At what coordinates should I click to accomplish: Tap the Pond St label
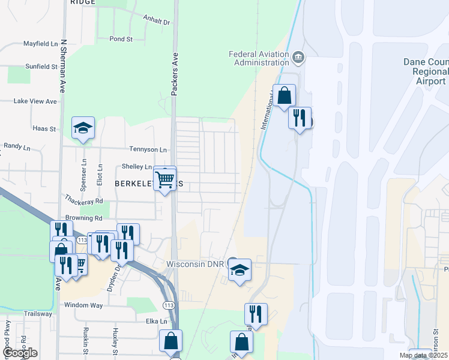pyautogui.click(x=121, y=39)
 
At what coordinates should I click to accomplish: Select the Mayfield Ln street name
pyautogui.click(x=40, y=44)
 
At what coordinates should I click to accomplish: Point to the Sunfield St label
pyautogui.click(x=41, y=67)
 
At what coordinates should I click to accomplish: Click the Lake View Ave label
pyautogui.click(x=35, y=101)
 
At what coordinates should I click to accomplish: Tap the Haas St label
pyautogui.click(x=44, y=128)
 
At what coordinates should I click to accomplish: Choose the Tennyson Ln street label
pyautogui.click(x=148, y=149)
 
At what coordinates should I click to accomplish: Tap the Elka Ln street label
pyautogui.click(x=156, y=322)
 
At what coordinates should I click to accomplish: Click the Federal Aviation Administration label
pyautogui.click(x=259, y=58)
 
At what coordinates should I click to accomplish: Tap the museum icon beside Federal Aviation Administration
pyautogui.click(x=298, y=58)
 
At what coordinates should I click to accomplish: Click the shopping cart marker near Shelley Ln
pyautogui.click(x=164, y=178)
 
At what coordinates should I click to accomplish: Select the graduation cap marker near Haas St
pyautogui.click(x=83, y=128)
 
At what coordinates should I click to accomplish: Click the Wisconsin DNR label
pyautogui.click(x=195, y=264)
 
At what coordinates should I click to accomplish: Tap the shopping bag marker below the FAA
pyautogui.click(x=284, y=95)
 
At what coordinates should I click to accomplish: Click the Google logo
pyautogui.click(x=20, y=353)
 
